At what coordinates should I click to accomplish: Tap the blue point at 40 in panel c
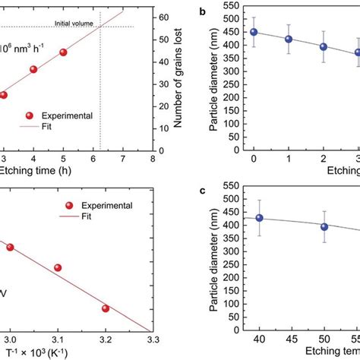tap(259, 218)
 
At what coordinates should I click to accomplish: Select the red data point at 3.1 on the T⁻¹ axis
tap(58, 267)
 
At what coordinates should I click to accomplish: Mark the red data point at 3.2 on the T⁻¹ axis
tap(106, 308)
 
